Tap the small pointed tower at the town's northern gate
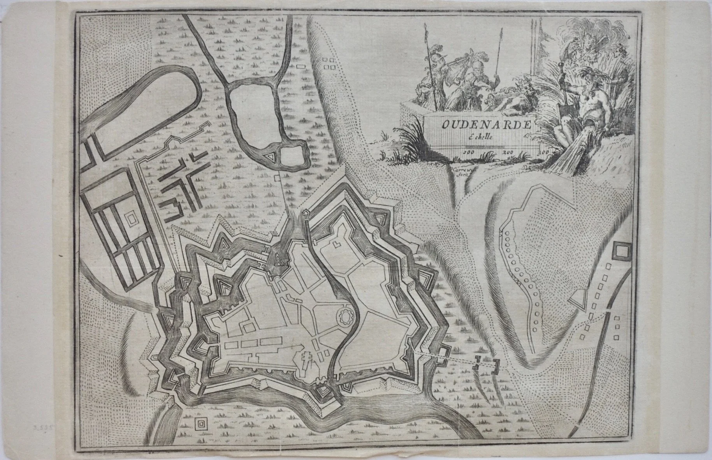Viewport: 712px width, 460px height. click(306, 214)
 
